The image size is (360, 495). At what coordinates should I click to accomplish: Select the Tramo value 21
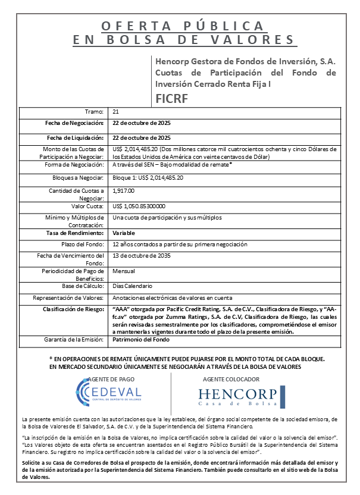coord(115,112)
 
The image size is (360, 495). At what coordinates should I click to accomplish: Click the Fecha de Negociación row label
coord(75,123)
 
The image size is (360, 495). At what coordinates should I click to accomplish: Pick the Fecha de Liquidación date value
coord(142,137)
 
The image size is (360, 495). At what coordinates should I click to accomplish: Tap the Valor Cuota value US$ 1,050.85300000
coord(139,206)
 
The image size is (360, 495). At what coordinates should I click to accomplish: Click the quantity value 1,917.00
coord(124,190)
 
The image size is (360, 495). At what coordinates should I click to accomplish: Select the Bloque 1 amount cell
coord(148,177)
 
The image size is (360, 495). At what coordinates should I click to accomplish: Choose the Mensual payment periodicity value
coord(123,271)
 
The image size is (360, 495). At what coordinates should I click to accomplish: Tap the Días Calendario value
coord(130,286)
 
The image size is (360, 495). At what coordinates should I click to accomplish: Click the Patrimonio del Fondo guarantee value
coord(141,339)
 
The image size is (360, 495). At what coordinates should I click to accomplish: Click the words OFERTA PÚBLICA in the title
coord(182,26)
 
